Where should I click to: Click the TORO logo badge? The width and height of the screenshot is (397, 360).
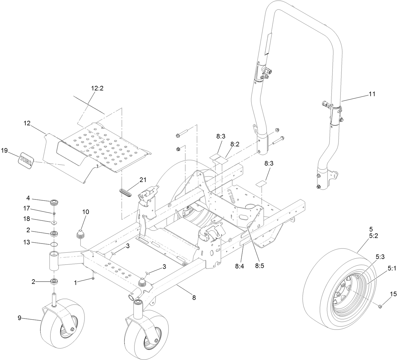click(x=27, y=159)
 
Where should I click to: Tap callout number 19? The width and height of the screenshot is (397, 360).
click(x=4, y=150)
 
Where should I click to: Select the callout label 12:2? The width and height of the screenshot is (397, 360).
click(x=97, y=88)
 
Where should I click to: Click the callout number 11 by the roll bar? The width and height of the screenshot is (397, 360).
click(x=372, y=94)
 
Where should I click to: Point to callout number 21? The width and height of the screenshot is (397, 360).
click(x=143, y=180)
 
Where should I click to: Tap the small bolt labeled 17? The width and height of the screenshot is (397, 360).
click(x=54, y=213)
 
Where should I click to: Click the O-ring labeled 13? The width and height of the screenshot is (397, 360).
click(x=54, y=244)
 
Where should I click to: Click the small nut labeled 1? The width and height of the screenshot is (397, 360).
click(x=93, y=278)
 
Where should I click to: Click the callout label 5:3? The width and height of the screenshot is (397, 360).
click(x=380, y=257)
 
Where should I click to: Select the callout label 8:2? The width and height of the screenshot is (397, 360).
click(x=234, y=145)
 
